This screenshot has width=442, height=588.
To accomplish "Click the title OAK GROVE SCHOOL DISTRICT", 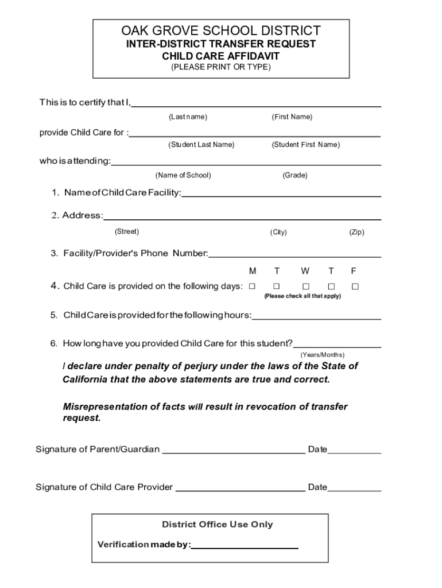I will (x=221, y=30).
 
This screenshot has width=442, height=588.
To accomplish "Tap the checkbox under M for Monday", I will (x=251, y=286).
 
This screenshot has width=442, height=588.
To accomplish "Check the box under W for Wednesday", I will (x=305, y=286).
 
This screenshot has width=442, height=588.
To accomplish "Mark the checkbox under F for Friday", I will (x=355, y=286).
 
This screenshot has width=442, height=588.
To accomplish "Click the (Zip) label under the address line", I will (x=356, y=233).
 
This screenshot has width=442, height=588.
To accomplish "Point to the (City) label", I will (x=278, y=233).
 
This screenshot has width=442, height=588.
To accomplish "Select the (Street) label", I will (x=127, y=232).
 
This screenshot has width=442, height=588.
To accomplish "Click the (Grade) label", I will (x=294, y=175).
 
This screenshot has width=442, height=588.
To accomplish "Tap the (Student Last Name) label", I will (x=201, y=145).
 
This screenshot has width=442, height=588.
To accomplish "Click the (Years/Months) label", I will (x=322, y=355).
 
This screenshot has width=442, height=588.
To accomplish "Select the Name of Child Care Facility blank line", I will (x=281, y=196).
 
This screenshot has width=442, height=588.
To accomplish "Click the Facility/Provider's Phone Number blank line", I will (x=295, y=256).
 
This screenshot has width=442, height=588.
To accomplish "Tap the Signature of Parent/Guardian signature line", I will (x=234, y=452).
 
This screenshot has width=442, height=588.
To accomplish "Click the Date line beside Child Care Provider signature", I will (x=354, y=491).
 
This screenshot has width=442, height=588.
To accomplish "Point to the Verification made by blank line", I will (x=245, y=548).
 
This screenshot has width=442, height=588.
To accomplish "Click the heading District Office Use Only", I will (x=218, y=524).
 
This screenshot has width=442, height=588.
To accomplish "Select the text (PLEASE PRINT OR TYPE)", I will (x=221, y=67).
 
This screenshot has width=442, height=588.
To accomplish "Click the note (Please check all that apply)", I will (x=302, y=296).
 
